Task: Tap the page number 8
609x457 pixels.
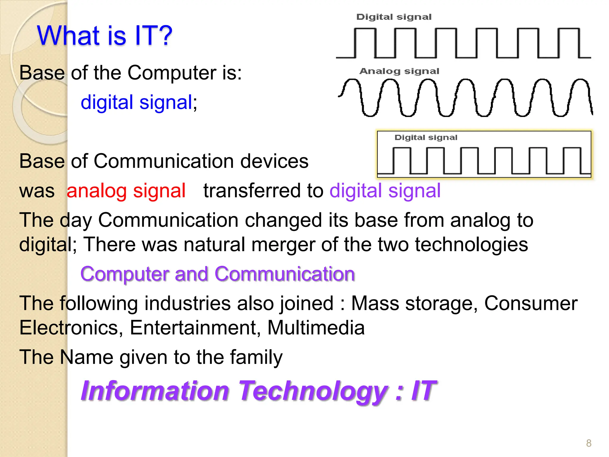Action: coord(588,443)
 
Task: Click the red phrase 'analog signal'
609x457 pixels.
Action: coord(126,191)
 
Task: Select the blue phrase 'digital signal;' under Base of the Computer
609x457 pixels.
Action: coord(139,103)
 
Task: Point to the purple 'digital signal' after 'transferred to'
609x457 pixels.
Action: coord(385,191)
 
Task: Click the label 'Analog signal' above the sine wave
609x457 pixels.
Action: coord(399,71)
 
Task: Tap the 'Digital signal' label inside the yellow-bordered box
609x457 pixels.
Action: coord(426,137)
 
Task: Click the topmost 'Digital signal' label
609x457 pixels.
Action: coord(394,17)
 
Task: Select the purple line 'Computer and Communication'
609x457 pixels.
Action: coord(218,274)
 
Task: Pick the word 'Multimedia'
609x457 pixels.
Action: coord(316,328)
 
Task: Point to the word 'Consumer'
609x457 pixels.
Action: coord(531,303)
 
